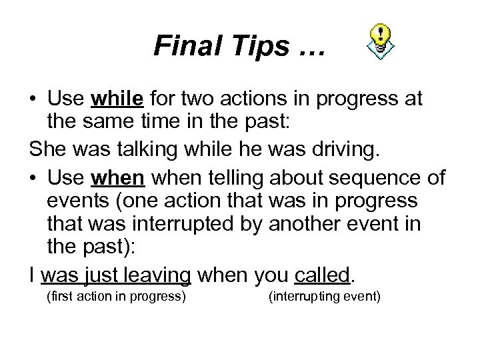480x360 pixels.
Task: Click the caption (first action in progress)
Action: tap(115, 295)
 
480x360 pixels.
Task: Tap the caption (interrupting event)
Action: tap(325, 295)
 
